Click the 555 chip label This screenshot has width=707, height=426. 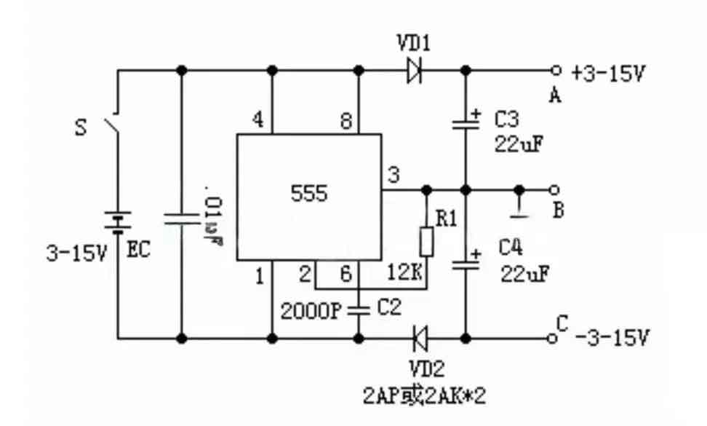(308, 194)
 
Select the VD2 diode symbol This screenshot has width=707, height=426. (420, 338)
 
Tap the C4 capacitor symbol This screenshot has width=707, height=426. (466, 264)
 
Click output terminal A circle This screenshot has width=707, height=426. (556, 71)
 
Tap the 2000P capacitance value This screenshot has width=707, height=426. (311, 311)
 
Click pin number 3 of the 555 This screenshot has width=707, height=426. (394, 175)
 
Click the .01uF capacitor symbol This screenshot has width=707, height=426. (181, 218)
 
